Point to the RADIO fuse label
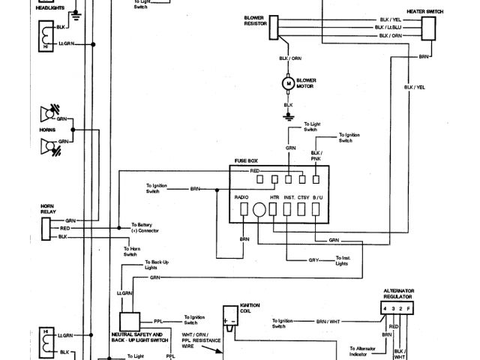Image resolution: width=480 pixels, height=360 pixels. click(x=241, y=197)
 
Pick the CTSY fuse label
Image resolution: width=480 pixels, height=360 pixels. click(x=303, y=197)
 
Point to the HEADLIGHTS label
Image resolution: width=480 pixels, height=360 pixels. click(x=52, y=10)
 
